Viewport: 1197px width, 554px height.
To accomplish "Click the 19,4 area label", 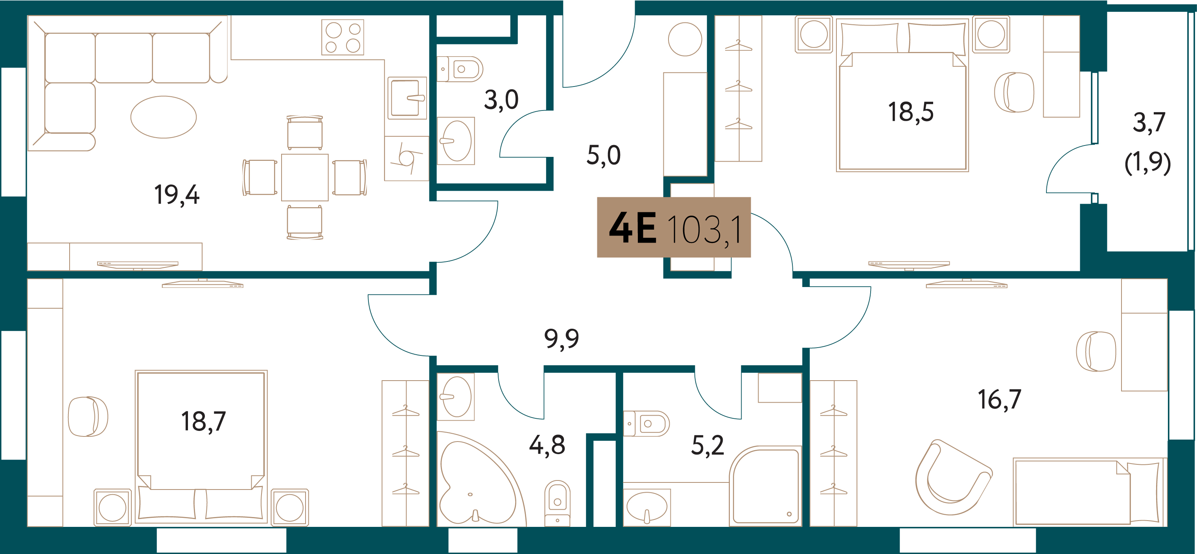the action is [x=177, y=195].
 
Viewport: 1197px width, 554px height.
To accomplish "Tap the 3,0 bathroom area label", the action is [x=501, y=100].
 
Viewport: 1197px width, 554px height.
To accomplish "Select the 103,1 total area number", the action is [x=704, y=230].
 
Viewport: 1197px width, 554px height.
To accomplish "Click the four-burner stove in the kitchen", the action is [x=343, y=37].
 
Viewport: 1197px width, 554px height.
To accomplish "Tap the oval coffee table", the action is [x=164, y=117].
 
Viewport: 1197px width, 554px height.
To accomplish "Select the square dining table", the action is [x=305, y=178].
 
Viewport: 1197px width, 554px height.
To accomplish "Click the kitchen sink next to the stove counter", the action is [x=407, y=98].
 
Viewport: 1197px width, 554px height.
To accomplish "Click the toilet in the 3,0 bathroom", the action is [x=460, y=69].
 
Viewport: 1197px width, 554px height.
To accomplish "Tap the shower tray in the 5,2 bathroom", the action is [x=766, y=486].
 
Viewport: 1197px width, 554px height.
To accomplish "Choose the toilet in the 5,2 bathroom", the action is [x=646, y=424].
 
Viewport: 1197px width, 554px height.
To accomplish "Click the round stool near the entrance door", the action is [x=685, y=39].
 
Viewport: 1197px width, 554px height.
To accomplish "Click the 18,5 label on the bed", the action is [x=911, y=112].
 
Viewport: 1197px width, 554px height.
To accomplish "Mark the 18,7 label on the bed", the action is [x=204, y=422].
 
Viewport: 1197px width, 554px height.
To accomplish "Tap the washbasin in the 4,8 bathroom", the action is [x=456, y=397].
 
